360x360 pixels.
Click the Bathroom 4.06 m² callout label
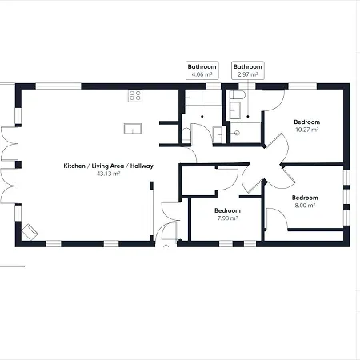[202, 70]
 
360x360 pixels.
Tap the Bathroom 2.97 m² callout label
[248, 70]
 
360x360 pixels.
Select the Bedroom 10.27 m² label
[306, 126]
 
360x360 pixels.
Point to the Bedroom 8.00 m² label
[305, 202]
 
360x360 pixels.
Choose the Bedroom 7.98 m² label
[227, 214]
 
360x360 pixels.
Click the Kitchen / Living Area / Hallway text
[108, 166]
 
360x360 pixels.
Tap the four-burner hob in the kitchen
[135, 96]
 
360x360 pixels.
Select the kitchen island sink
[133, 129]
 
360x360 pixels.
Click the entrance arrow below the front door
[166, 246]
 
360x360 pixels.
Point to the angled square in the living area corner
[30, 232]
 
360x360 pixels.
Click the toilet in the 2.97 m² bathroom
[238, 95]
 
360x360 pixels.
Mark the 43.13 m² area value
[108, 174]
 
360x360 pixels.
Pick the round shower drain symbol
[237, 133]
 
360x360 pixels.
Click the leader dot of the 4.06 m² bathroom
[202, 116]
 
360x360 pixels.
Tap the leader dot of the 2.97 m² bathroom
[248, 116]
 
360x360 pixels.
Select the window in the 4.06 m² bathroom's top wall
[214, 86]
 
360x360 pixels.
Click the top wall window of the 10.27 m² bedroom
[302, 86]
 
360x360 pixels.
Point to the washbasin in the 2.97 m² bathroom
[235, 110]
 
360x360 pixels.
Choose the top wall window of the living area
[58, 86]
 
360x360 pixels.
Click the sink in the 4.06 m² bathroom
[219, 134]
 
